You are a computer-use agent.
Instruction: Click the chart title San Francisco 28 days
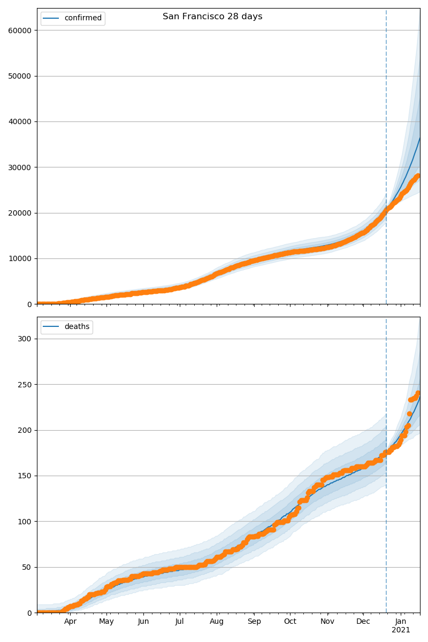point(212,17)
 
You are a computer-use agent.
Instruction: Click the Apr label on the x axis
point(71,622)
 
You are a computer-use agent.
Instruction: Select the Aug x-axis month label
point(217,622)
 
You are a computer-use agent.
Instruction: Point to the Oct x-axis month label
point(290,622)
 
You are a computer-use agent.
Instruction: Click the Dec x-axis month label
point(363,622)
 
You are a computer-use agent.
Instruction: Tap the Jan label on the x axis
point(401,622)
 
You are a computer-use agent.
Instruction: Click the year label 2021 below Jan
point(401,630)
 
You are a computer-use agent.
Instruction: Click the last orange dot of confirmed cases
point(418,175)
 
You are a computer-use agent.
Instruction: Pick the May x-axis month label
point(106,622)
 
